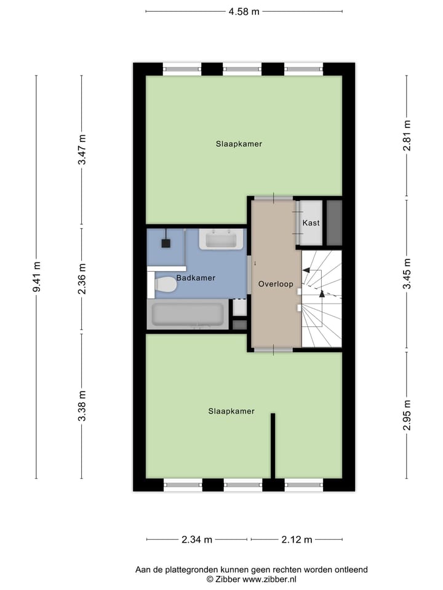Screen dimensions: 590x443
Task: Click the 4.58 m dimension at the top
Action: coord(244,11)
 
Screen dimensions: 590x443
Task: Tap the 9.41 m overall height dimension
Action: coord(36,277)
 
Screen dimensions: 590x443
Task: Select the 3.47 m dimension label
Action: coord(82,149)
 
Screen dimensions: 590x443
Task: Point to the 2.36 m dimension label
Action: coord(82,278)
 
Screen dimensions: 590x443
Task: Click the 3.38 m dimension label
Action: coord(82,406)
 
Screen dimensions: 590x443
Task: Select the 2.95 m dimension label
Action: coord(406,415)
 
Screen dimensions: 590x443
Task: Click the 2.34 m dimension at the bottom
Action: coord(197,540)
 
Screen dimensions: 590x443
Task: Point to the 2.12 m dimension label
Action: coord(297,540)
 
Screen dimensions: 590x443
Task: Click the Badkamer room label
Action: coord(196,278)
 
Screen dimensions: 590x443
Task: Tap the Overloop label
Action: coord(276,284)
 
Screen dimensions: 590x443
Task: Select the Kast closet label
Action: coord(311,222)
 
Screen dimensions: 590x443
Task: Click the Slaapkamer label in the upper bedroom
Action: coord(239,144)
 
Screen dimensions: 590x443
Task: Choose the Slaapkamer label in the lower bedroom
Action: coord(231,411)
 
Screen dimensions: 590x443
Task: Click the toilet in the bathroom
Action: coord(165,285)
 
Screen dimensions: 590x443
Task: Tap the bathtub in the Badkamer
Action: coord(188,315)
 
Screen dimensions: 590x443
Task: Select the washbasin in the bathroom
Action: coord(221,239)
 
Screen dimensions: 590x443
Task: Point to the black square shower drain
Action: coord(166,243)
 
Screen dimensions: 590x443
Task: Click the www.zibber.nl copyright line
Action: coord(251,579)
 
